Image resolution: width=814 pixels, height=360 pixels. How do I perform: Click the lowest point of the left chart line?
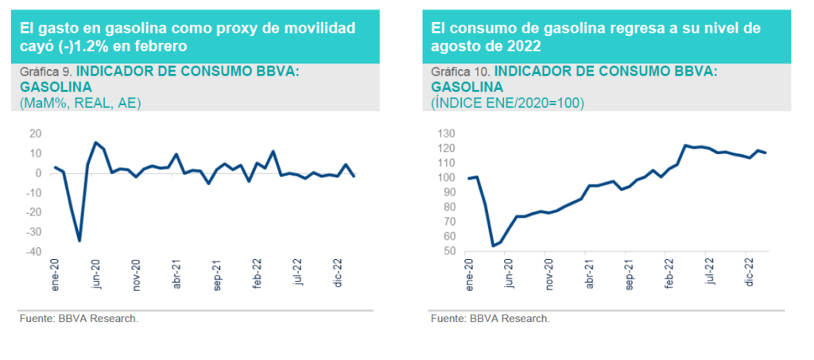[79, 240]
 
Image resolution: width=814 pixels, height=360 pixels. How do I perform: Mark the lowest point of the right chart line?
[493, 246]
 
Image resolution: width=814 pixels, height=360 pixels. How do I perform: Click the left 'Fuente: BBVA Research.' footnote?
[79, 319]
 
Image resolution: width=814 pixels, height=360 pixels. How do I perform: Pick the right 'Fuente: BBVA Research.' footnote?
[490, 319]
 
